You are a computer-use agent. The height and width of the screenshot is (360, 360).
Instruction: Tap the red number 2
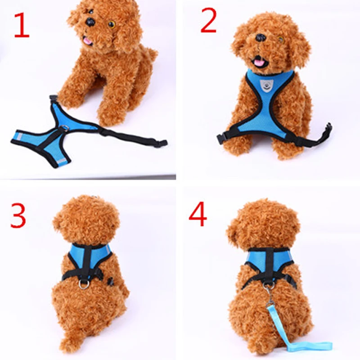(208, 21)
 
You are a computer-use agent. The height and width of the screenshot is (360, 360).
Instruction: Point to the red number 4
(198, 215)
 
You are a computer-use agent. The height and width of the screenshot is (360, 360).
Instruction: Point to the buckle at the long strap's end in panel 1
(162, 143)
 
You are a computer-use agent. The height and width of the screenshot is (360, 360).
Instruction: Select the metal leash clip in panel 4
(269, 288)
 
